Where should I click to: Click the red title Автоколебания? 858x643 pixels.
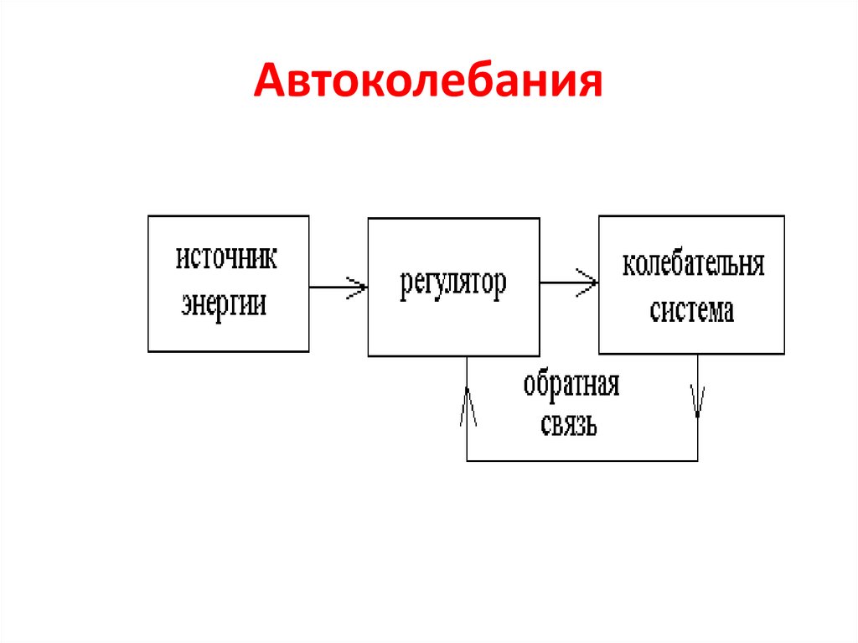(x=428, y=82)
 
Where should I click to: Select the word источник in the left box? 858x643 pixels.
(x=226, y=257)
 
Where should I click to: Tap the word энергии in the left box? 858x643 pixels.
(x=225, y=303)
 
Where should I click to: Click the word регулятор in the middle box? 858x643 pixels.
(x=452, y=284)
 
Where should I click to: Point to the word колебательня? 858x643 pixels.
(x=693, y=265)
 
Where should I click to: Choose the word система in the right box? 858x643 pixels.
(x=692, y=311)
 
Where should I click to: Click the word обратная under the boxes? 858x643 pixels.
(x=571, y=387)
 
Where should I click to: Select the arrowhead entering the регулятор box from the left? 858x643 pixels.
(x=360, y=287)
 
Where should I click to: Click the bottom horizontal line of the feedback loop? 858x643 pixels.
(x=582, y=460)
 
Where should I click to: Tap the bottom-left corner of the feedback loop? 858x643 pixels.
(x=468, y=460)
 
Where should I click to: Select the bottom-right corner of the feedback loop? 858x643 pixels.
(x=698, y=460)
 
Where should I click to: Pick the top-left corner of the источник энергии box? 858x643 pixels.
(x=148, y=216)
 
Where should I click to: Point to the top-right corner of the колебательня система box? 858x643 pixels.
(x=785, y=216)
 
